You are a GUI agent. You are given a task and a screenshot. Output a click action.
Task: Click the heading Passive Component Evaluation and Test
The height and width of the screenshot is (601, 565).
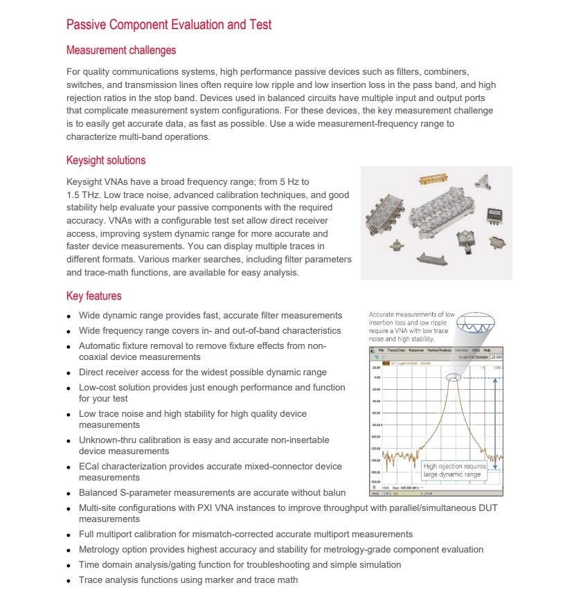click(168, 25)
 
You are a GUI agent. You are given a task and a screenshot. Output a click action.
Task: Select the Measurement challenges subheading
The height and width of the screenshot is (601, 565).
click(121, 51)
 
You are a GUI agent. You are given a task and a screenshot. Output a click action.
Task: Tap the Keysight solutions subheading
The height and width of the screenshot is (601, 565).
click(106, 161)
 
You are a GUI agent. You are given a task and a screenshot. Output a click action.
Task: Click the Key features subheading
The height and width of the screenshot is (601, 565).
click(93, 296)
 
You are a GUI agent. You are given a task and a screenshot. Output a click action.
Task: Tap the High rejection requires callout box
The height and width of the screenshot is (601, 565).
click(455, 470)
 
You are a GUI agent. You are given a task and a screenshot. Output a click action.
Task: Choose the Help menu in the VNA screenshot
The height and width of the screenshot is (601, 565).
click(486, 350)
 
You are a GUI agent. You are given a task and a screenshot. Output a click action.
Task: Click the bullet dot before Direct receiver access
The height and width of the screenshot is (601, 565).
click(69, 373)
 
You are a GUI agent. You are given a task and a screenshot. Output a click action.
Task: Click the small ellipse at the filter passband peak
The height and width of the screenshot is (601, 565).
click(453, 377)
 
